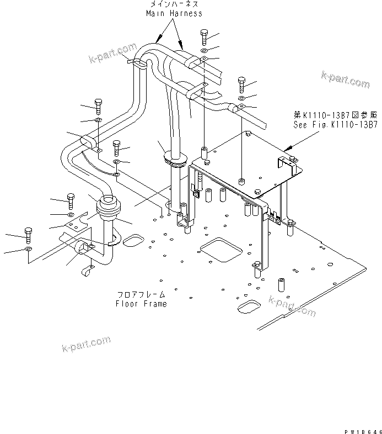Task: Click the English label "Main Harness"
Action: pos(174,13)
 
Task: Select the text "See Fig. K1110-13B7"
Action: pos(336,125)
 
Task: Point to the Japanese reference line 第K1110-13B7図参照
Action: pos(336,115)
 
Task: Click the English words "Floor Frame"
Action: pos(141,304)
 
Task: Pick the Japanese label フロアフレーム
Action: pos(141,295)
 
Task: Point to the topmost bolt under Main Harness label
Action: pos(205,36)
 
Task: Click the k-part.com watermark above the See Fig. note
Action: pos(345,79)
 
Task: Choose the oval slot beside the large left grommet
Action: pos(133,241)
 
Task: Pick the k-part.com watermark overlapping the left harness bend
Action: pos(114,55)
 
